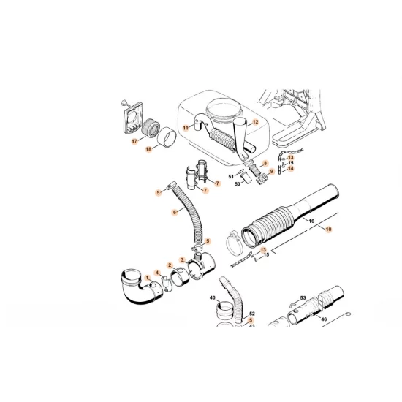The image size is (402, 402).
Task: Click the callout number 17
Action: pos(134,142)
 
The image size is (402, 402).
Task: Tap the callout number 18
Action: pos(148,149)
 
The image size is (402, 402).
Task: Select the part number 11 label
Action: pos(186,128)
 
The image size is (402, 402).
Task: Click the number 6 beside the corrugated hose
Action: pos(175,212)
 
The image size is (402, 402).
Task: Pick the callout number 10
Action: pos(329,229)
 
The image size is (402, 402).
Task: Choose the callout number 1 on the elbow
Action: pos(146,277)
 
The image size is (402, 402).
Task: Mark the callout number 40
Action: pos(213,298)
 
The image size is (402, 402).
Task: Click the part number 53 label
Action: pos(303,297)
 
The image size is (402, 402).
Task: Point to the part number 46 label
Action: pos(324,320)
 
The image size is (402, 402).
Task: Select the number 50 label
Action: pos(238,184)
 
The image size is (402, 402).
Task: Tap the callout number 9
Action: pos(271,172)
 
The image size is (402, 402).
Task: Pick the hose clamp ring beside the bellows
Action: pos(234,238)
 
